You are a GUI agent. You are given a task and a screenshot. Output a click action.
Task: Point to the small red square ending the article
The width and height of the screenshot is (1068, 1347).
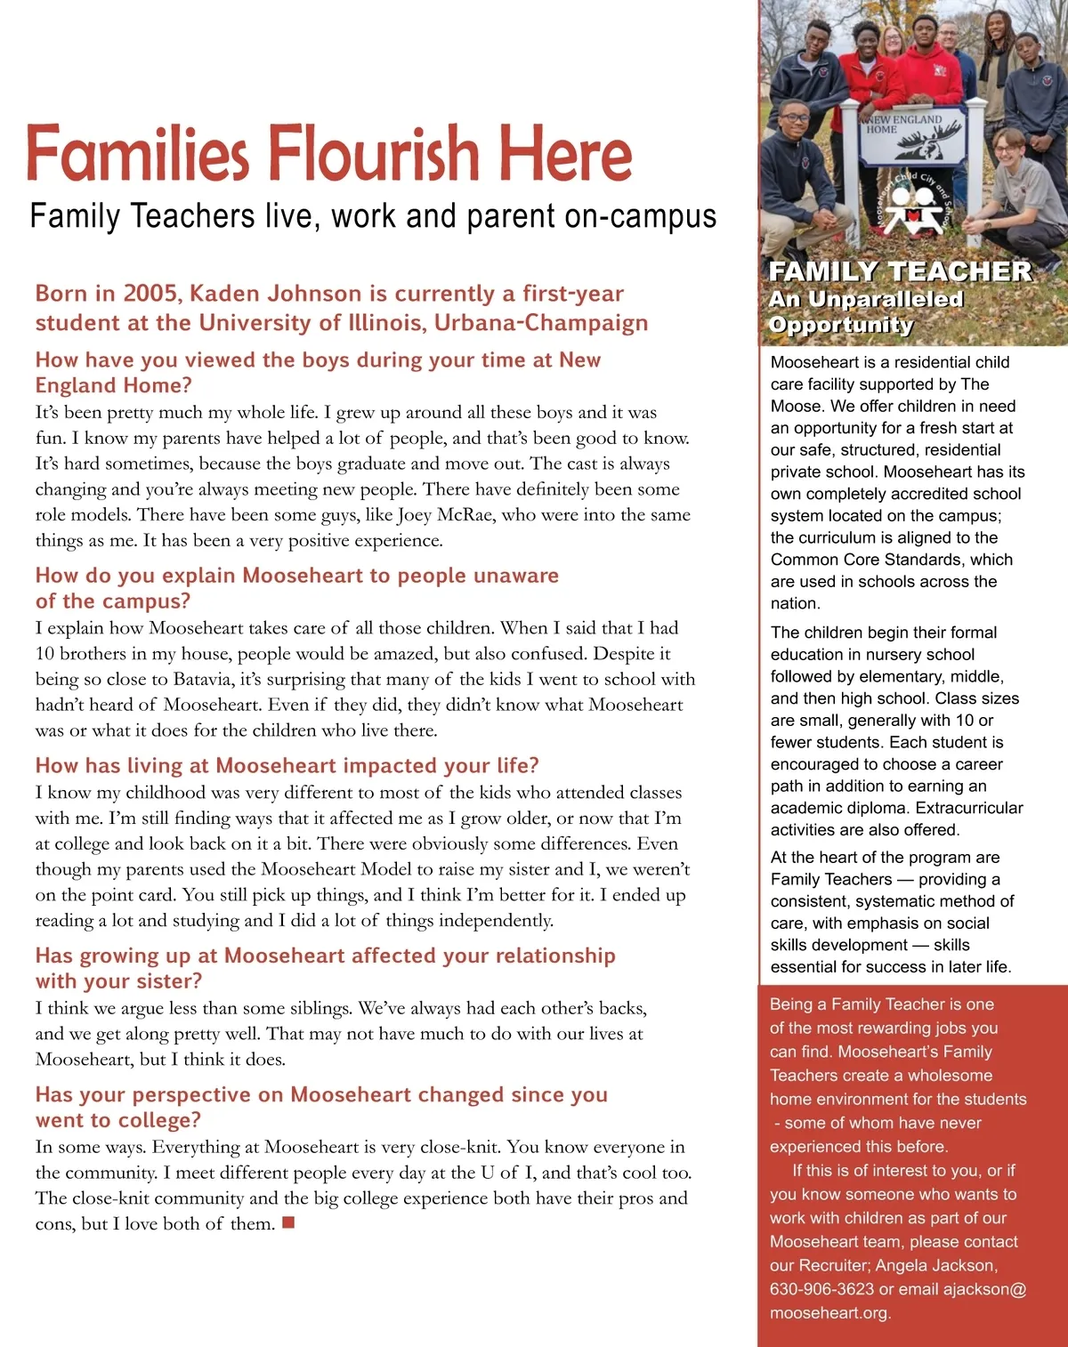point(287,1223)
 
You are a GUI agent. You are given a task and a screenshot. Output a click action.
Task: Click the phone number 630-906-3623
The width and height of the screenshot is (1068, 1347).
point(821,1289)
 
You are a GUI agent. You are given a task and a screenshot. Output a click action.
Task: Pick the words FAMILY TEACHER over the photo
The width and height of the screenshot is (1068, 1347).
point(899,270)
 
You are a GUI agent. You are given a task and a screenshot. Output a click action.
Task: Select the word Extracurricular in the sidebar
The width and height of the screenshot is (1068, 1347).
point(969,808)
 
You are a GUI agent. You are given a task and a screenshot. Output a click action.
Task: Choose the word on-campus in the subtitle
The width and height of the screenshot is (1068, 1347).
point(656,216)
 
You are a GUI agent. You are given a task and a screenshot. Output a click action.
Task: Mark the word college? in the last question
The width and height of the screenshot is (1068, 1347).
point(160,1120)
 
